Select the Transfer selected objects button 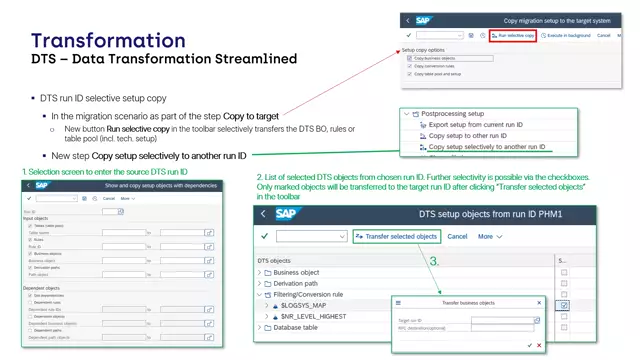pyautogui.click(x=396, y=236)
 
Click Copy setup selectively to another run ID pyautogui.click(x=487, y=147)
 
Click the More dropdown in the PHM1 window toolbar pyautogui.click(x=489, y=236)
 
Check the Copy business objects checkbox pyautogui.click(x=410, y=58)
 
